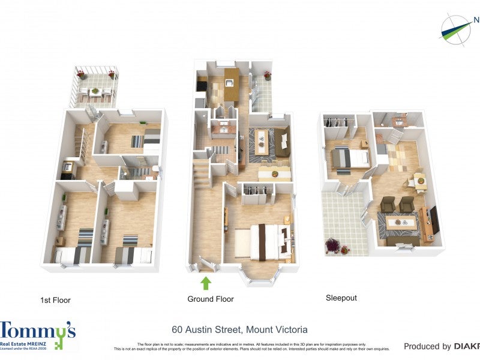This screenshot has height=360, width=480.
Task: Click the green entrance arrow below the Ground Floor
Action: point(206,283)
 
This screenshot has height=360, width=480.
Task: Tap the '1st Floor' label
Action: point(59,299)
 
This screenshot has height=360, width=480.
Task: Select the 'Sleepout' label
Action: point(341,298)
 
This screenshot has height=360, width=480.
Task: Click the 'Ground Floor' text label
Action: point(211,299)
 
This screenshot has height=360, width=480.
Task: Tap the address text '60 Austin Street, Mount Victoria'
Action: point(239,329)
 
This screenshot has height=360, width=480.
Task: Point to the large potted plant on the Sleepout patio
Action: point(332,245)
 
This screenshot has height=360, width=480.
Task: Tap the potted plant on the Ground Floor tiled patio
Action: point(266,76)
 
